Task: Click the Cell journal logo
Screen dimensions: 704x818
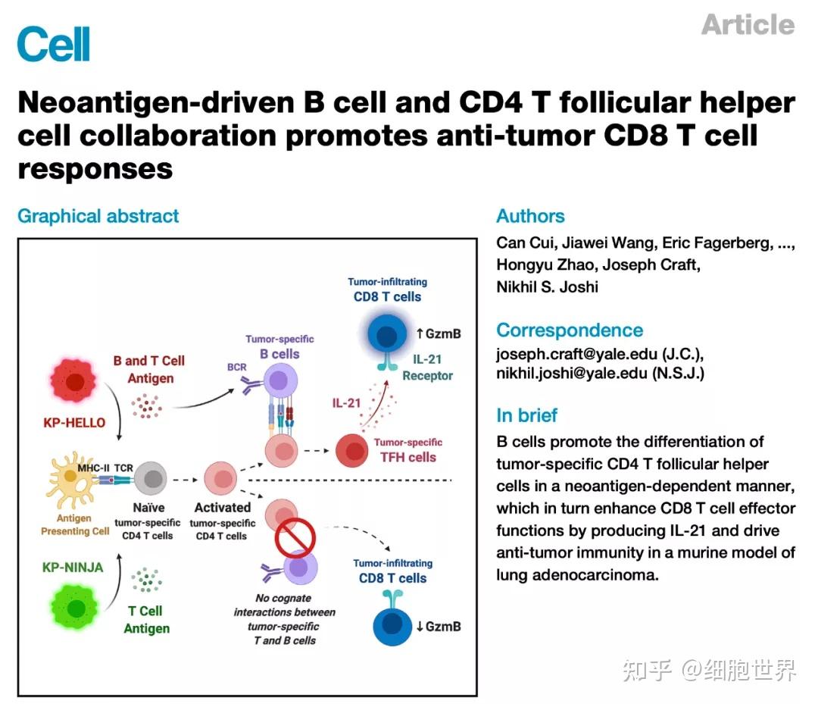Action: click(x=53, y=43)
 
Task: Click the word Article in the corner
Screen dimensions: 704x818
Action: click(x=748, y=25)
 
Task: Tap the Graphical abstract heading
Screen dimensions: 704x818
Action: click(x=98, y=216)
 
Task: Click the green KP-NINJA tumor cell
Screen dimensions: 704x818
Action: click(x=76, y=607)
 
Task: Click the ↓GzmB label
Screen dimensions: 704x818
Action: click(x=439, y=626)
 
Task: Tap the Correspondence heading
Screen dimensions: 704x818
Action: click(x=570, y=330)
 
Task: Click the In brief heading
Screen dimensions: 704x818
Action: click(x=526, y=415)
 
